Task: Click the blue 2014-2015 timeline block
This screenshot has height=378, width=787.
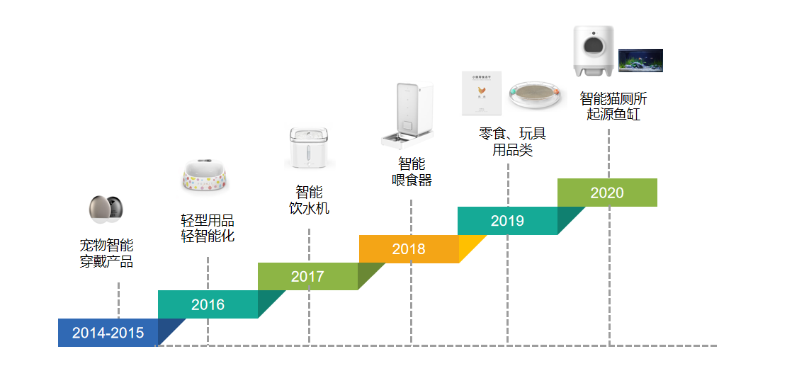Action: coord(108,333)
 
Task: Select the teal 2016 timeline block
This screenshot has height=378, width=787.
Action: coord(208,304)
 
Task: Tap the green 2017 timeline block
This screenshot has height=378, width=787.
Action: coord(307,276)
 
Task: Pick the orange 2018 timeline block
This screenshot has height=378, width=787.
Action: coord(409,248)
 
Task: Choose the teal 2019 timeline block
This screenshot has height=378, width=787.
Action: coord(507,220)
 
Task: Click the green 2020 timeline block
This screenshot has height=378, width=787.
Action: coord(607,193)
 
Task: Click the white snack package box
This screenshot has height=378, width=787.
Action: coord(481,93)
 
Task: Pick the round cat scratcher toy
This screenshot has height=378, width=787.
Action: coord(537,94)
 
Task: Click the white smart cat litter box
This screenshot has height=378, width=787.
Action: coord(594,50)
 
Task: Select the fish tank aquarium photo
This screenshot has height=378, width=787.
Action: coord(640,60)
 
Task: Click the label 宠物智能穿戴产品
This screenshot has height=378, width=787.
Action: coord(106,253)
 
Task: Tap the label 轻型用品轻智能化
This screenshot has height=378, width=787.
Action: coord(208,229)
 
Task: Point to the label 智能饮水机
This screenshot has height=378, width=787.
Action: coord(309,200)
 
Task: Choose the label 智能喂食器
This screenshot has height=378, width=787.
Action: coord(412,172)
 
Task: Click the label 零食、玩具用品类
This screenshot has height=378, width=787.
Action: coord(512,142)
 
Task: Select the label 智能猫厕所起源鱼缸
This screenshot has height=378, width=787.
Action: coord(613,105)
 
